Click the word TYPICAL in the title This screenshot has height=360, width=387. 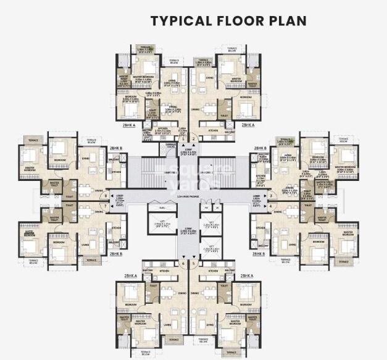(x=179, y=20)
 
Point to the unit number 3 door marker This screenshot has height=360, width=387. (x=270, y=196)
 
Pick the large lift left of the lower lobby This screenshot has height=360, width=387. (x=161, y=226)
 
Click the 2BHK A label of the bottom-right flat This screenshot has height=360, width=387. (x=248, y=275)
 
